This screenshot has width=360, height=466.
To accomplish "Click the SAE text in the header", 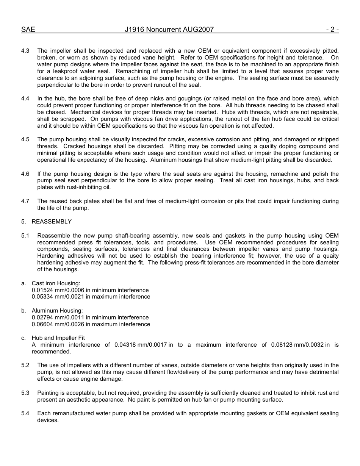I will coord(28,30).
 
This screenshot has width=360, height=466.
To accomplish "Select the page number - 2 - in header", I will coord(332,30).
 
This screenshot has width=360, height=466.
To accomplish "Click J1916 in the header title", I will coord(136,30).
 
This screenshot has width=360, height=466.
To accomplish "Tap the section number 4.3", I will coord(25,51).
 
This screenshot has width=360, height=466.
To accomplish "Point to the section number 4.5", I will coord(25,140).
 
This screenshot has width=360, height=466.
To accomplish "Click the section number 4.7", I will coord(25,201).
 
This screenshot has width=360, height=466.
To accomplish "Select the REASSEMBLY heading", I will coord(52,222).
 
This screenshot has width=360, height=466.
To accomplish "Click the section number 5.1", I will coord(25,236).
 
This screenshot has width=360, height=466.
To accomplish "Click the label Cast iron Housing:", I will coord(56,283).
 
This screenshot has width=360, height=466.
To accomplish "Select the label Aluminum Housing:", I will coord(57,311).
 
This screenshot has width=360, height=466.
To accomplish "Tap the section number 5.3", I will coord(25,393).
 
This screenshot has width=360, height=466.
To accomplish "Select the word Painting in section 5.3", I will coord(48,393).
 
